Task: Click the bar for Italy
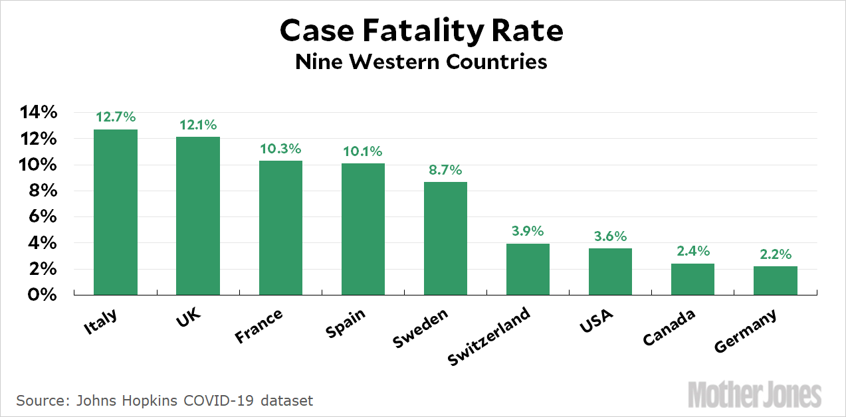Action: point(116,212)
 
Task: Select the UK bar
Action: point(198,216)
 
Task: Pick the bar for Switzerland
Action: point(528,269)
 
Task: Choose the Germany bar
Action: point(775,280)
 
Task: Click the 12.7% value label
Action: point(116,118)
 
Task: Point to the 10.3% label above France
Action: point(280,149)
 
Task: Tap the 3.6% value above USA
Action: point(610,236)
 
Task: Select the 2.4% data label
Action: point(692,252)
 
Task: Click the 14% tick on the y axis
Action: point(37,113)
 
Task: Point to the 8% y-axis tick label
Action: point(42,191)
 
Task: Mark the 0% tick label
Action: point(42,295)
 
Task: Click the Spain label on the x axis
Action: point(346,323)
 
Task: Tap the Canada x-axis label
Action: point(669,328)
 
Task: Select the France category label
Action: point(259,327)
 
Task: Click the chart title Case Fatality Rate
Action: point(421,31)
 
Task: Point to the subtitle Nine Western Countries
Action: point(421,62)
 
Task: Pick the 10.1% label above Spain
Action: point(363,151)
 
